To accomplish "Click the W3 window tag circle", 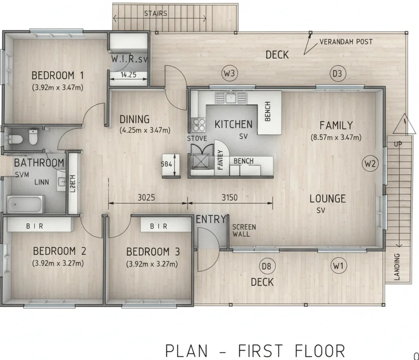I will (x=229, y=74).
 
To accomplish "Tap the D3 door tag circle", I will (x=337, y=74).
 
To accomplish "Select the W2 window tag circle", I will (x=370, y=164).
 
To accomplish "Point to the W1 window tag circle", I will (x=338, y=266).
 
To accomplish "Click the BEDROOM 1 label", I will (x=58, y=75).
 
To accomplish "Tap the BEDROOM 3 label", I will (x=153, y=252).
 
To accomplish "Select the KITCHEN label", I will (x=233, y=125).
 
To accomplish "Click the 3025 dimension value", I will (x=147, y=198).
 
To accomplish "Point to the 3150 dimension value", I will (x=229, y=198).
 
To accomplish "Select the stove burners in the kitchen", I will (x=199, y=125).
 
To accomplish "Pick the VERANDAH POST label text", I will (x=346, y=42).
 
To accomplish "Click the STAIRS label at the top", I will (x=155, y=13).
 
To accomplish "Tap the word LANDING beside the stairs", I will (x=397, y=267).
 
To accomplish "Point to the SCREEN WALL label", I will (x=244, y=230).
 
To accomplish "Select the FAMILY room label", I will (x=336, y=125).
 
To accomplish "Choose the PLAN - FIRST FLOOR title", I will (x=255, y=350).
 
